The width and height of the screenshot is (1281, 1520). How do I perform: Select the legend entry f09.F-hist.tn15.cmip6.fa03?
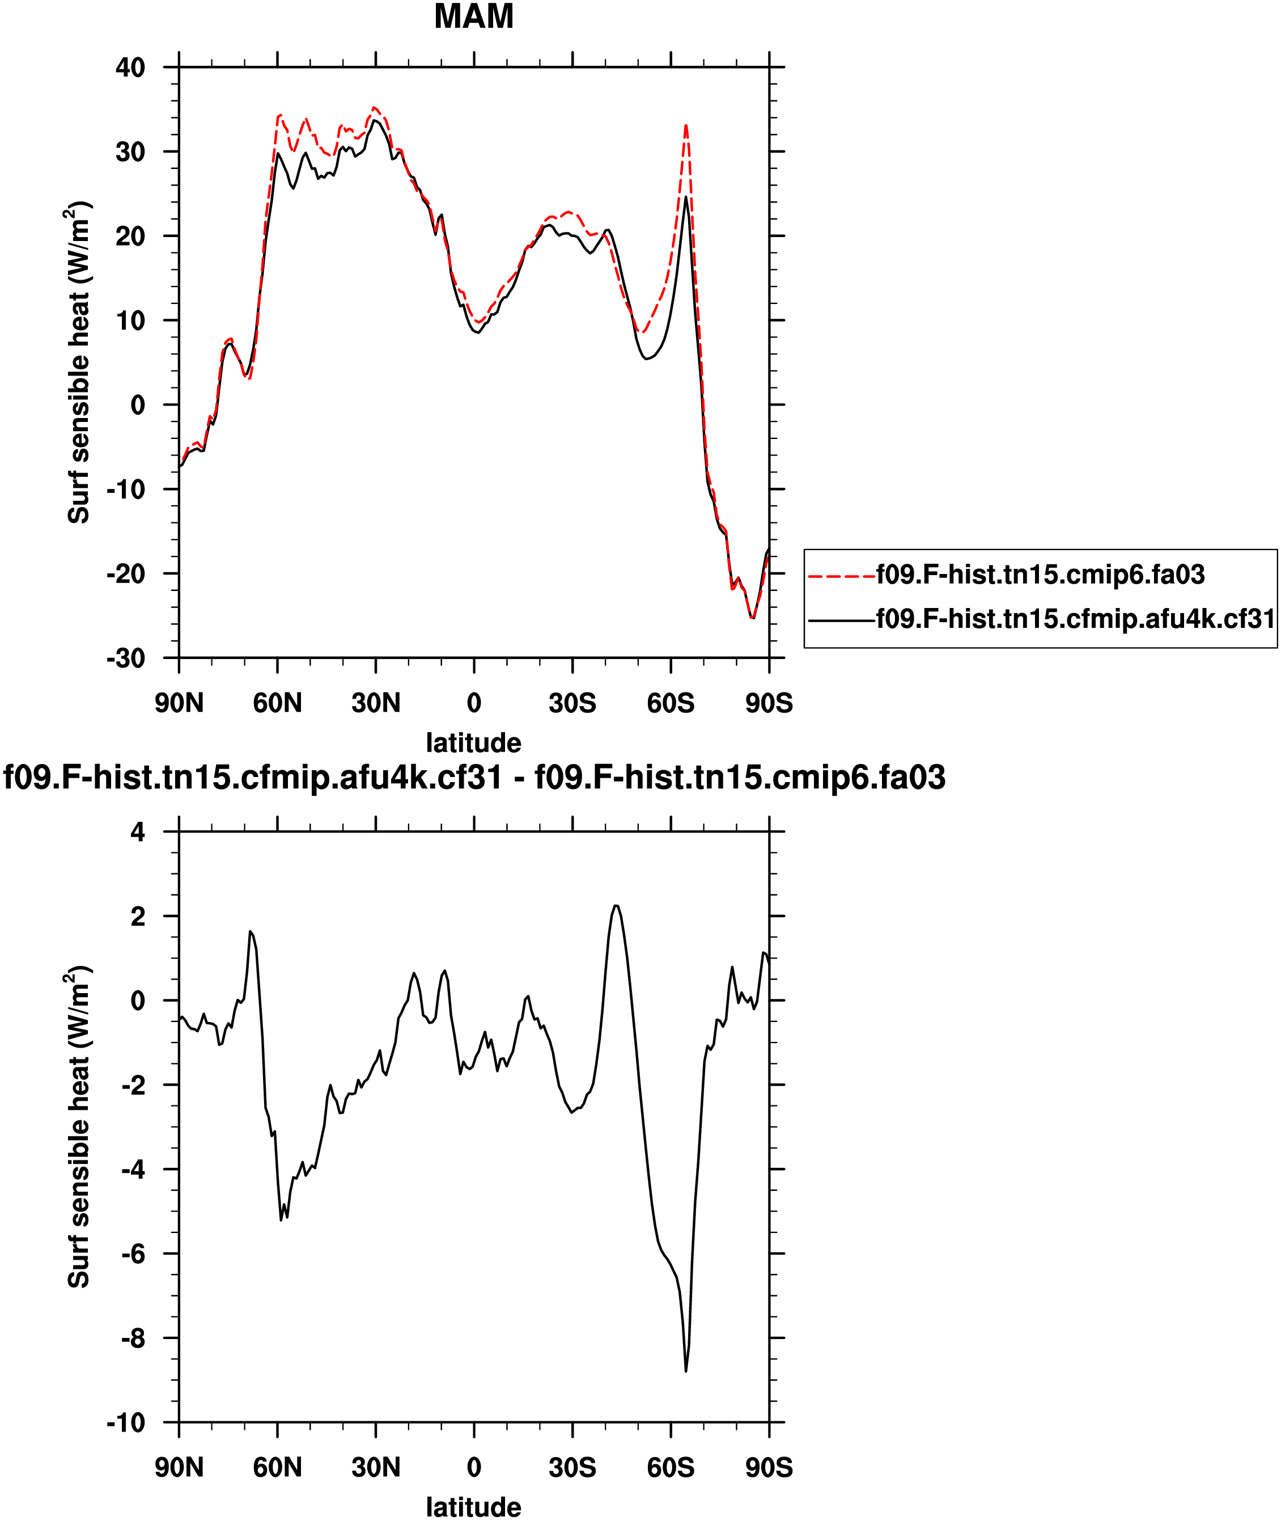pyautogui.click(x=1040, y=575)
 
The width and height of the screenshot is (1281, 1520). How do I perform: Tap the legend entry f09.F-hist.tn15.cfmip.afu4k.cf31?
pyautogui.click(x=1075, y=618)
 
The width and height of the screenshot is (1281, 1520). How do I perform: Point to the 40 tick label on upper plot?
pyautogui.click(x=131, y=67)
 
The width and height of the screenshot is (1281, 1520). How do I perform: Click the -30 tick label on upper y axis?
pyautogui.click(x=126, y=658)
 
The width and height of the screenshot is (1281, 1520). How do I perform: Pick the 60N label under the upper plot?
pyautogui.click(x=277, y=703)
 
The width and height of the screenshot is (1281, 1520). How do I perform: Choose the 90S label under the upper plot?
pyautogui.click(x=769, y=703)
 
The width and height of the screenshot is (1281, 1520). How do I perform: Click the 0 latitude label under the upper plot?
pyautogui.click(x=473, y=703)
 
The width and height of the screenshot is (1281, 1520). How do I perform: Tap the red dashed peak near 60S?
pyautogui.click(x=685, y=126)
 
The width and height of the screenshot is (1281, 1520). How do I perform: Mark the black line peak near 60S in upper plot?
pyautogui.click(x=685, y=197)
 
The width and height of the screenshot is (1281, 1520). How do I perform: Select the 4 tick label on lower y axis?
pyautogui.click(x=138, y=832)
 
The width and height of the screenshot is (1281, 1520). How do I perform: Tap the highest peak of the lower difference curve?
pyautogui.click(x=616, y=905)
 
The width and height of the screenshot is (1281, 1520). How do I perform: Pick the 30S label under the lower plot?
pyautogui.click(x=572, y=1467)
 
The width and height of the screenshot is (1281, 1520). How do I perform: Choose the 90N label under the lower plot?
pyautogui.click(x=179, y=1467)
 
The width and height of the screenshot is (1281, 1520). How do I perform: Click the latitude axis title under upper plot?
pyautogui.click(x=473, y=742)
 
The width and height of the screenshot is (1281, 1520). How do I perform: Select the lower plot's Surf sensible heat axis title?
pyautogui.click(x=78, y=1126)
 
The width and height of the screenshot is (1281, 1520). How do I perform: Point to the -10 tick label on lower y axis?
pyautogui.click(x=126, y=1422)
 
